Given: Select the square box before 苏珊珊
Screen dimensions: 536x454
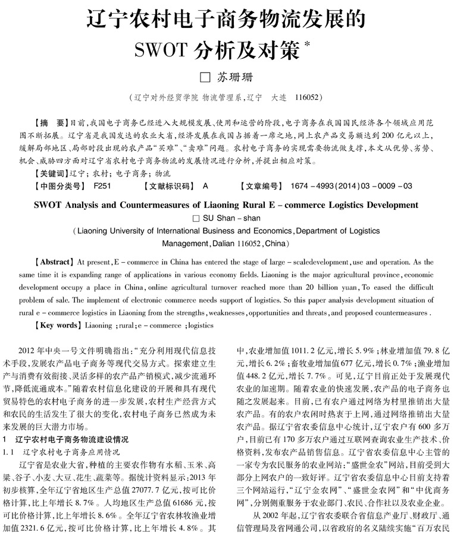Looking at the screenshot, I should (x=205, y=77).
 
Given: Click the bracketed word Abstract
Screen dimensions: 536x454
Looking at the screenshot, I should (x=55, y=262).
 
